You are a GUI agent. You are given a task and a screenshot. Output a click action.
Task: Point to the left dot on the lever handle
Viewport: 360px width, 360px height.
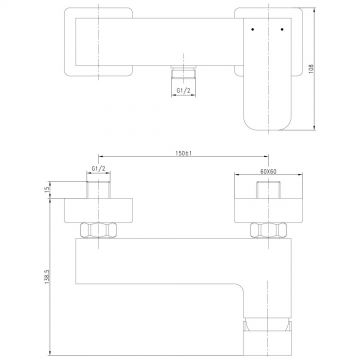(x=252, y=30)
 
